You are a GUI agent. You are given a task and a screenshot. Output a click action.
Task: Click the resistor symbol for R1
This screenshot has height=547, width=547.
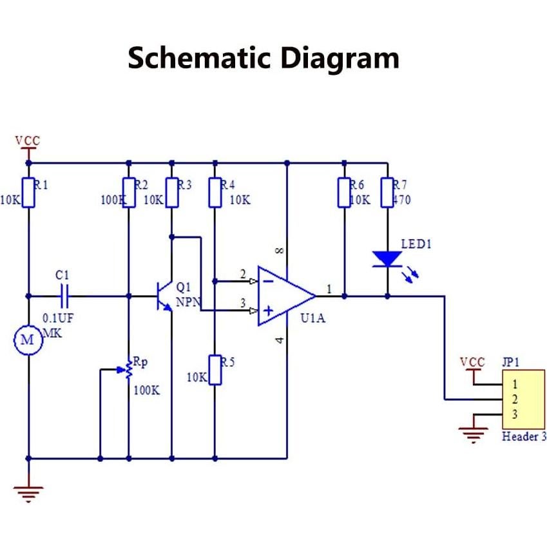click(28, 193)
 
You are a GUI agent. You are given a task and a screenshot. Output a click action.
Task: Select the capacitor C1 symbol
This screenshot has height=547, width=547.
click(63, 296)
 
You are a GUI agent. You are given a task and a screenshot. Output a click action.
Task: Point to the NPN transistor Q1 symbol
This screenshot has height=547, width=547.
click(164, 297)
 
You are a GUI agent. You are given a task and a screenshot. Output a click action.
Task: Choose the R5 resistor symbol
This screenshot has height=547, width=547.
click(215, 370)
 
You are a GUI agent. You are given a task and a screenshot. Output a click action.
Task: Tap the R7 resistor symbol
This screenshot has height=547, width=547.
click(387, 193)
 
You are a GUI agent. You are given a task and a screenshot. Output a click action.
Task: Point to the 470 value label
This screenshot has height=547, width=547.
click(401, 200)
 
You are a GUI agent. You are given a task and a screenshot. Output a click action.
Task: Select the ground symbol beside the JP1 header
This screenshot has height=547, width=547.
click(474, 436)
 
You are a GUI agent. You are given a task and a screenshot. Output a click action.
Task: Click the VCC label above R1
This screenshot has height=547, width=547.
click(27, 140)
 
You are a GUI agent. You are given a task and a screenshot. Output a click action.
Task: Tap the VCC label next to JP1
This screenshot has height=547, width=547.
click(472, 362)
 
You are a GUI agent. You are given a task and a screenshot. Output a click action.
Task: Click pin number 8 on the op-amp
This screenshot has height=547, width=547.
click(279, 251)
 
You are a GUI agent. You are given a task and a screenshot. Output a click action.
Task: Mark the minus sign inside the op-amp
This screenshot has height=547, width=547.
click(267, 280)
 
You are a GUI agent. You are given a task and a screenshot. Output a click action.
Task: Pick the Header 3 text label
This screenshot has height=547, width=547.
click(524, 437)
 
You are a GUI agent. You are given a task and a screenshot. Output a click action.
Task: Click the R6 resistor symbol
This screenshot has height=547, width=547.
click(344, 193)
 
